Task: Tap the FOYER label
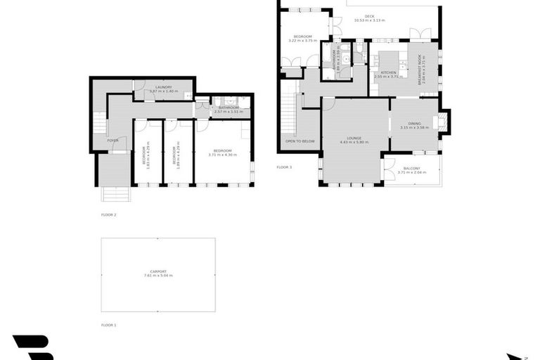click(x=112, y=141)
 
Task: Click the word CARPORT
click(x=158, y=271)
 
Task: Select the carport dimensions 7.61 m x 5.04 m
click(x=158, y=275)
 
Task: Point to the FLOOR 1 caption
click(x=108, y=325)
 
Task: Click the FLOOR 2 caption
click(x=108, y=214)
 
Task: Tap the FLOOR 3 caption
click(x=284, y=167)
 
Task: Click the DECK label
click(x=369, y=16)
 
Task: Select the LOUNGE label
click(x=354, y=139)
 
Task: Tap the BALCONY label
click(x=411, y=168)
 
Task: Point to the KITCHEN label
click(x=389, y=72)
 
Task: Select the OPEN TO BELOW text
click(x=299, y=141)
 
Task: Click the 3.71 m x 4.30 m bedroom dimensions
click(x=222, y=155)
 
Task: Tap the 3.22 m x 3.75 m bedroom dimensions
click(x=303, y=40)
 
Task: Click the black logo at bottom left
click(x=33, y=347)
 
